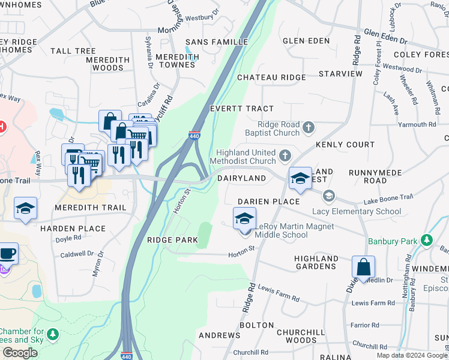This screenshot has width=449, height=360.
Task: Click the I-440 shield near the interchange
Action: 194,136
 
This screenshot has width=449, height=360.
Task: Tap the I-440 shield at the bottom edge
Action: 127,355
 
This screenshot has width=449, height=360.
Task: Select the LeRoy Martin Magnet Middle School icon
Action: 244,220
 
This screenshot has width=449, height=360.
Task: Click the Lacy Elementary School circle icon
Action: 328,196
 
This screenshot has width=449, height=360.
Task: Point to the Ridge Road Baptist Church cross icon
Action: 309,127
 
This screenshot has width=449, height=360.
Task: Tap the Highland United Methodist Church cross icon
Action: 285,155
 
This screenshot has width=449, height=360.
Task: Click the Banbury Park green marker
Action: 427,240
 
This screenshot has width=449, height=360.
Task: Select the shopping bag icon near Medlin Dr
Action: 363,268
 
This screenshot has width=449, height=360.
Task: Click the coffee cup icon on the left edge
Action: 7,253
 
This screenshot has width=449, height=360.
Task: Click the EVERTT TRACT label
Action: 241,109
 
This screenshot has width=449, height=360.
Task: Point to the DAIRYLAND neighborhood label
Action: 241,178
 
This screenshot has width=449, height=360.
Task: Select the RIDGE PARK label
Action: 172,240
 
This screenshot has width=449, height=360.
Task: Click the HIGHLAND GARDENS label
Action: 315,262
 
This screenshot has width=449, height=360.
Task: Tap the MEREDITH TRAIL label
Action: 91,208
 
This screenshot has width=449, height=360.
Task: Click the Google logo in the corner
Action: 20,353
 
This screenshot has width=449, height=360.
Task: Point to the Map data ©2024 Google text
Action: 412,355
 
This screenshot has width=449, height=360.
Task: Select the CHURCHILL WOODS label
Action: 297,336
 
